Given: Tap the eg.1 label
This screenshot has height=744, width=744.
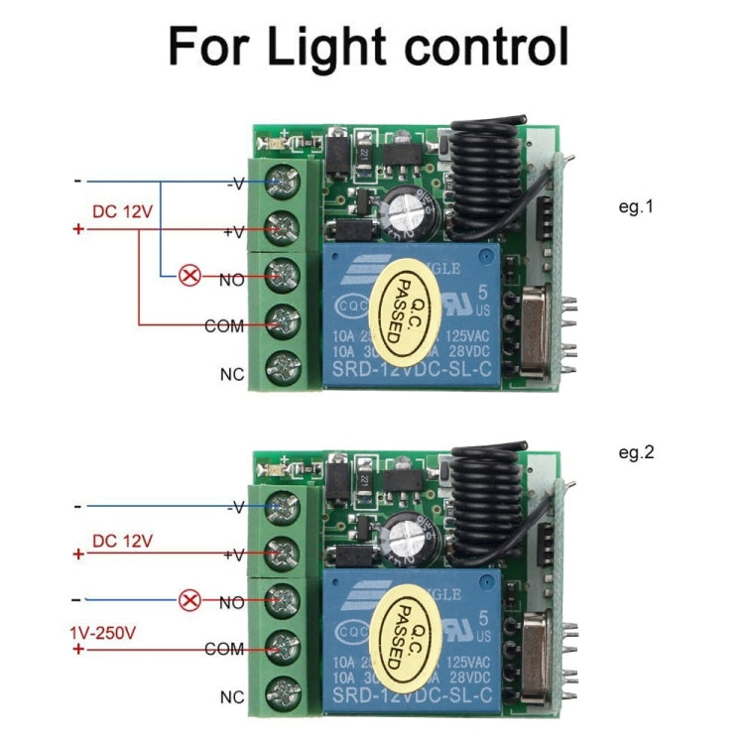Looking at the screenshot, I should click(636, 208).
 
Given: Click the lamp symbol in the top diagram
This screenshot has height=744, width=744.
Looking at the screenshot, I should click(188, 276).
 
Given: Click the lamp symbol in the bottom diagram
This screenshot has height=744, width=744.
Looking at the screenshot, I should click(188, 600).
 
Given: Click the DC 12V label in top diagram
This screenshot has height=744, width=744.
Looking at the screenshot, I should click(122, 211).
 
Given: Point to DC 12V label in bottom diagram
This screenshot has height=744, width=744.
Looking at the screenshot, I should click(122, 541).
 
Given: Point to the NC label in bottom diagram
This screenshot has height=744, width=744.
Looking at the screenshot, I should click(231, 697).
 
